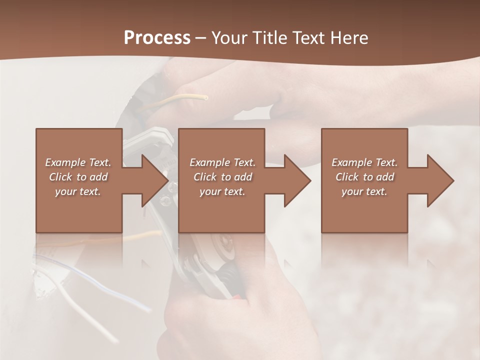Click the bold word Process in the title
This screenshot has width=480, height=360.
157,37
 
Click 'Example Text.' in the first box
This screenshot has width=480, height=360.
78,162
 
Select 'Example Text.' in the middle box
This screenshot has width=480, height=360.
222,162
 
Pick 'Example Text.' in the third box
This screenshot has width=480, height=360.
364,162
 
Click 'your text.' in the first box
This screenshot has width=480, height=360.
78,191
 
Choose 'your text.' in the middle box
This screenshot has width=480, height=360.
222,191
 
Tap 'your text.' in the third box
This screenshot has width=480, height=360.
364,191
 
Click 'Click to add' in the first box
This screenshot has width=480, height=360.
78,177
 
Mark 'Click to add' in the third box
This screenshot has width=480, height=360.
364,177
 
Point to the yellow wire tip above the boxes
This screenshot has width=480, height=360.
204,97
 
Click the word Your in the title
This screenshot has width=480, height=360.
230,37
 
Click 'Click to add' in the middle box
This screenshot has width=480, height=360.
222,177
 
